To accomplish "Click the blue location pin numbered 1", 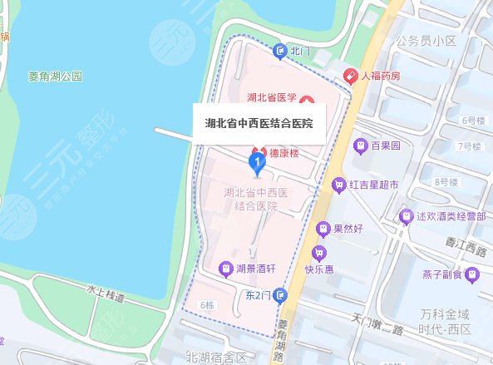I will (x=258, y=160).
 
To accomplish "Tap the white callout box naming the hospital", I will (x=259, y=123).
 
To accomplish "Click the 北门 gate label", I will (x=300, y=51).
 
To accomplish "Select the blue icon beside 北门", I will (x=281, y=51).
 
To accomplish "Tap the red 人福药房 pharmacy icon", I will (x=352, y=76).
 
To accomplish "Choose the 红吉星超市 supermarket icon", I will (x=338, y=185).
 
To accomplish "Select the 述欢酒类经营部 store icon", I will (x=406, y=216).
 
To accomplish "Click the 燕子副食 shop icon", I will (x=471, y=274).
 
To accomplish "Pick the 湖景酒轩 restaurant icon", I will (x=224, y=269).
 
